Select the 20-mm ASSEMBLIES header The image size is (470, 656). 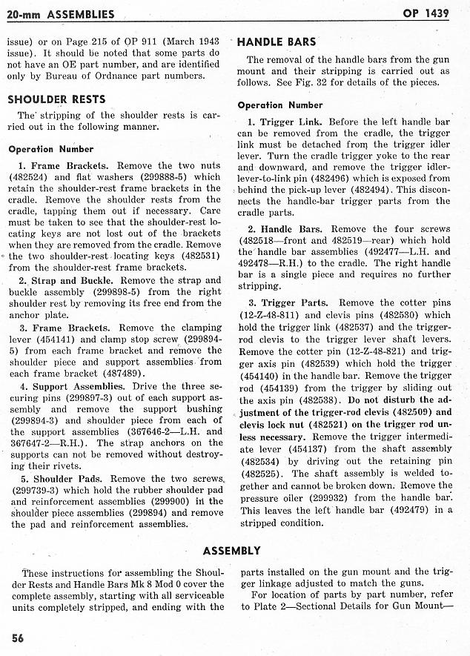tap(60, 14)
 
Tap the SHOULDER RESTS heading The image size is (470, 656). tap(56, 99)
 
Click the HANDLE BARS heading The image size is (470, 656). tap(277, 42)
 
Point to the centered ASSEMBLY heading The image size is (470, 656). tap(232, 550)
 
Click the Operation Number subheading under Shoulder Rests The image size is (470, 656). tap(51, 148)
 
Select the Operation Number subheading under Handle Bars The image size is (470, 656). tap(280, 105)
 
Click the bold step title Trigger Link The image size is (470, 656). tap(291, 122)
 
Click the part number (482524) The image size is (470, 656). tap(30, 177)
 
